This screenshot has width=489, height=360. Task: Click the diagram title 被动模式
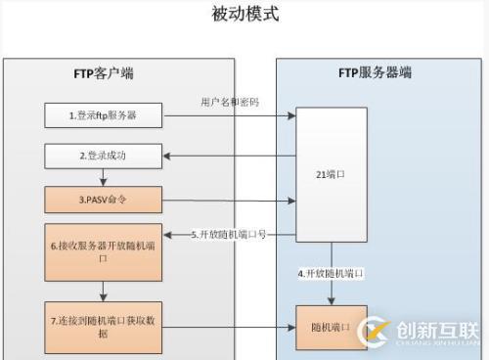244,15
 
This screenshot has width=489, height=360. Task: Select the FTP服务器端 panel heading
375,72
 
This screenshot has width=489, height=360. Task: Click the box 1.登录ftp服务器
102,115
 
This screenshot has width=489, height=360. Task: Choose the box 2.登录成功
102,156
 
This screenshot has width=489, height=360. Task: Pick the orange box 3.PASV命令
102,201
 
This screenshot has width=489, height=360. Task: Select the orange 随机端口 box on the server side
332,327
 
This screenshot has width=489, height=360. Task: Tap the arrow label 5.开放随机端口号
229,235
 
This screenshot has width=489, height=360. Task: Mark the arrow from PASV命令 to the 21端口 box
228,201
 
